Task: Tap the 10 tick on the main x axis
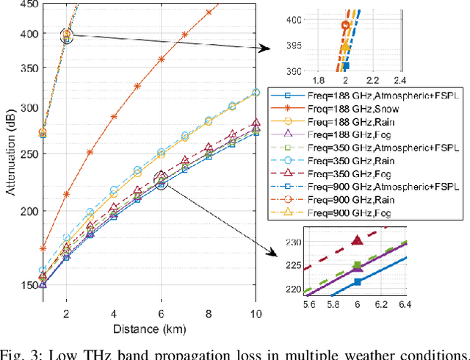tap(256, 314)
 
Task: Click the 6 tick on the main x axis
tap(162, 314)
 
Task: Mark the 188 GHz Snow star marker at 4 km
tap(114, 117)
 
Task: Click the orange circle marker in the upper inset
tap(345, 25)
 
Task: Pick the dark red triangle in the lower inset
tap(358, 240)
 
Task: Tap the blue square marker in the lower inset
tap(358, 282)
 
